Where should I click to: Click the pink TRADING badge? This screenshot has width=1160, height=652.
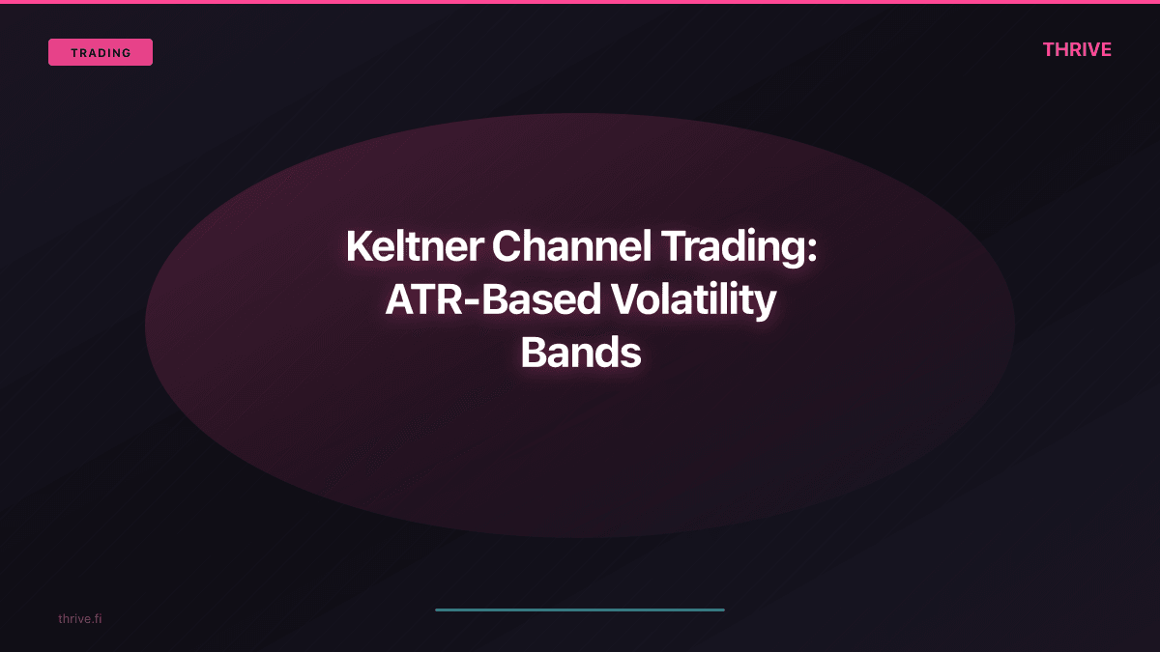[101, 52]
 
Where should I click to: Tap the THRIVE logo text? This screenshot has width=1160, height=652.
[1077, 50]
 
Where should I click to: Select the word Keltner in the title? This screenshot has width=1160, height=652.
[414, 247]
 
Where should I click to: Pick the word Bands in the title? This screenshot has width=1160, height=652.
[580, 354]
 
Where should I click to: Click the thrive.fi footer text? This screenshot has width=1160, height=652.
[79, 618]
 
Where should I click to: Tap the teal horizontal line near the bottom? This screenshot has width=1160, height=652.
[580, 609]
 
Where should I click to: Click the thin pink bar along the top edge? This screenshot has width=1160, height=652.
[580, 2]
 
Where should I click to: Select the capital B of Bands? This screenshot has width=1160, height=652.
[535, 354]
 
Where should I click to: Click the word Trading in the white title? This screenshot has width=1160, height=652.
[735, 247]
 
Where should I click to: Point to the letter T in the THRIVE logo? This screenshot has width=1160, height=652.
[1049, 50]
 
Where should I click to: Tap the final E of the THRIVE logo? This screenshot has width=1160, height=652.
[1106, 50]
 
